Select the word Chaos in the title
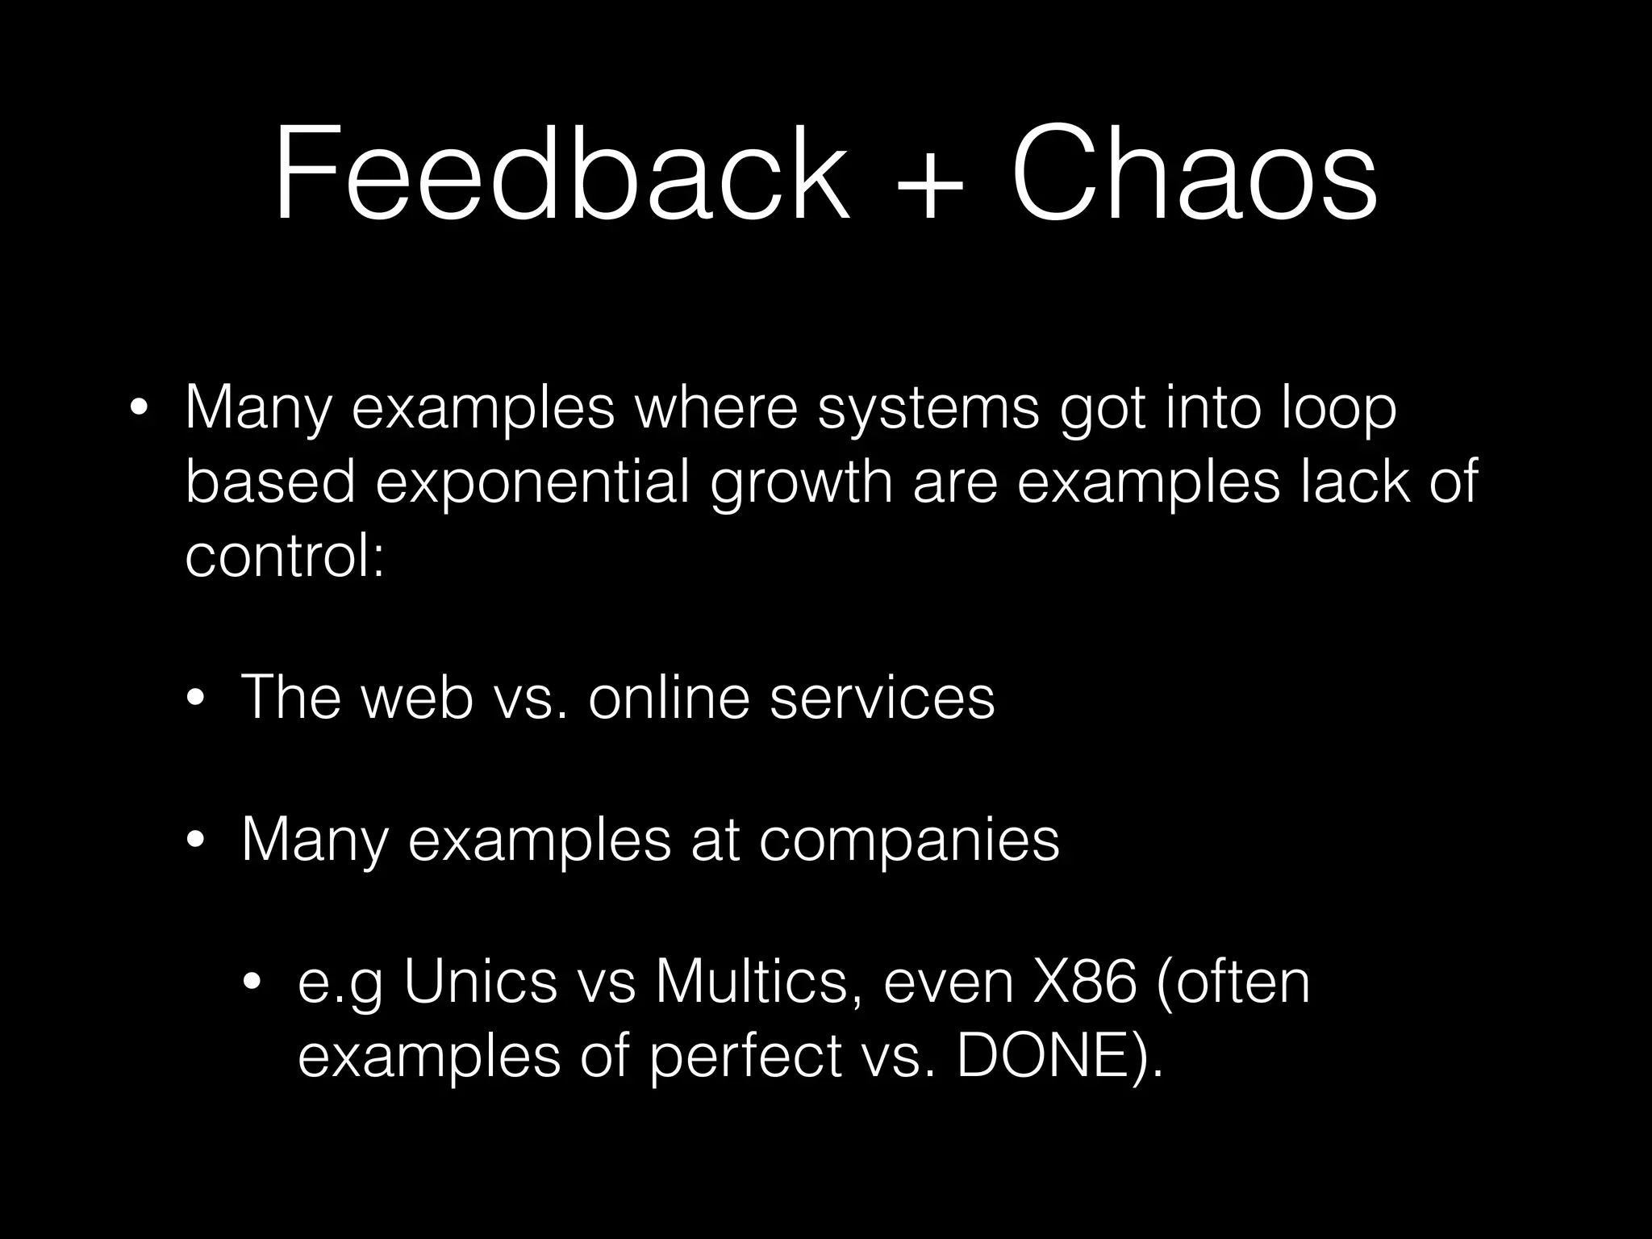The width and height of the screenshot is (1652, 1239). [1194, 173]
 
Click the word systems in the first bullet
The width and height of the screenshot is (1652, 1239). [928, 410]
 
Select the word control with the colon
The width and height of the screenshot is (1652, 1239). [285, 557]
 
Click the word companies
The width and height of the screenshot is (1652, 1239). [909, 841]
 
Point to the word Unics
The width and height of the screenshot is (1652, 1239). [481, 982]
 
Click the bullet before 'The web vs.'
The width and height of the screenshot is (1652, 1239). [195, 699]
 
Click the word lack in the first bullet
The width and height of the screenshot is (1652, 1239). [1355, 482]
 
